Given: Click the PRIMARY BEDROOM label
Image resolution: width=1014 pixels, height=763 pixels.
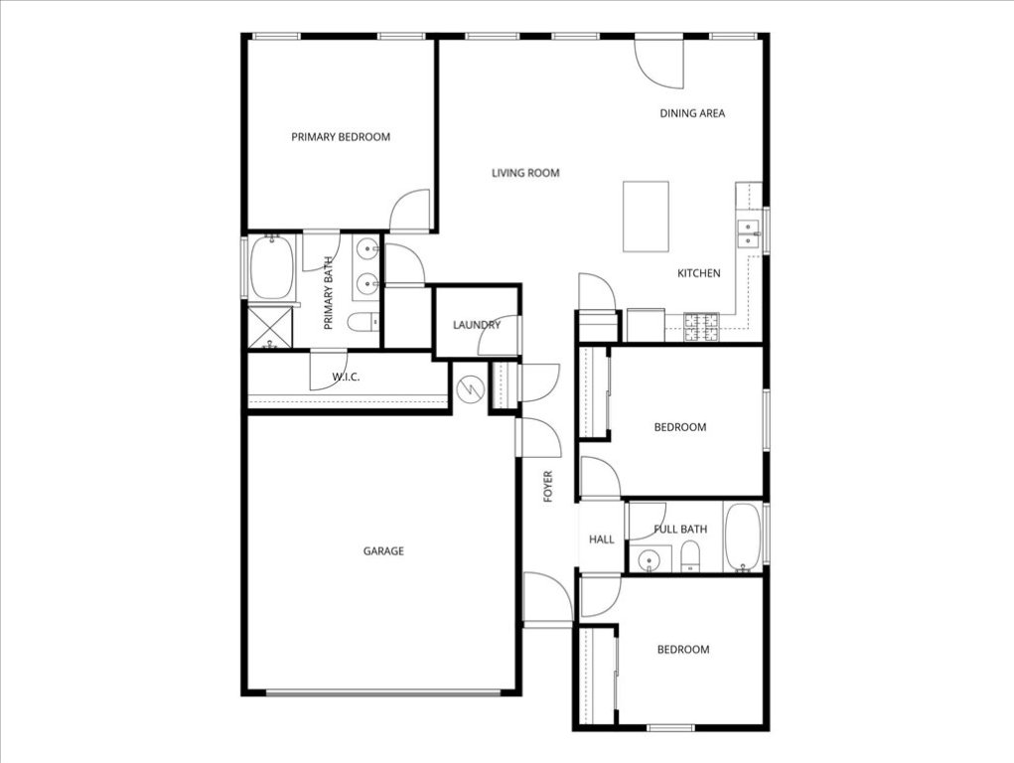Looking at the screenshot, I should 341,137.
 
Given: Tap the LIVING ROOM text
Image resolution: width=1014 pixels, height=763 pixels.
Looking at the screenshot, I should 525,173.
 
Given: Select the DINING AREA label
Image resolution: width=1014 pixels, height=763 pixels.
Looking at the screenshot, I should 692,113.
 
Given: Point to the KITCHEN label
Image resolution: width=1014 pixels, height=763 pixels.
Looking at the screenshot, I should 699,273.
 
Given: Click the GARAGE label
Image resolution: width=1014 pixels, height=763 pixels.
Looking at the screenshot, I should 383,551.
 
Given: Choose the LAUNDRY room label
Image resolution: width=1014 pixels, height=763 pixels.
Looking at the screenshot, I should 476,325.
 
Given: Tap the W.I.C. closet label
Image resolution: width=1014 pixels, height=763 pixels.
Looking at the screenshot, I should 346,377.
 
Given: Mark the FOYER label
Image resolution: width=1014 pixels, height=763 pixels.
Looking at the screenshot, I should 547,486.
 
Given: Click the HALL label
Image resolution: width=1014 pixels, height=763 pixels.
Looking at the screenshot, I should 602,539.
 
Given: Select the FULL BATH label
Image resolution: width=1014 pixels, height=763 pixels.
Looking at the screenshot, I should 680,530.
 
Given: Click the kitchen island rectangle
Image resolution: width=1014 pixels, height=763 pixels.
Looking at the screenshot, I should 646,216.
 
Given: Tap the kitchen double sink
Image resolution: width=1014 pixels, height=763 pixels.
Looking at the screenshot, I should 747,234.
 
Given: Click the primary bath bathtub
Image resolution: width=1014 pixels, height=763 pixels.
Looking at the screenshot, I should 271,268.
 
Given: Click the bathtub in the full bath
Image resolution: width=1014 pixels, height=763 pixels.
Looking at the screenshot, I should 742,537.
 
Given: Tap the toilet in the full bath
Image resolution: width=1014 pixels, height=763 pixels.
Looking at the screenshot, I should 691,558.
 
